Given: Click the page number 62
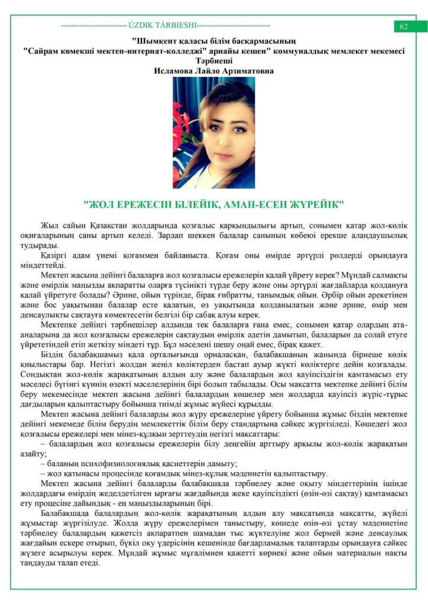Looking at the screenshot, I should click(404, 26).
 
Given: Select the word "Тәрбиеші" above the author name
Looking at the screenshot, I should click(213, 61).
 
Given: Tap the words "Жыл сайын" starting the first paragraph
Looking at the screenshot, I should click(58, 226).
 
